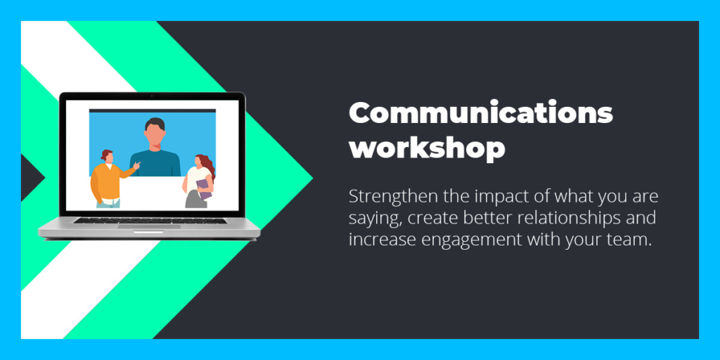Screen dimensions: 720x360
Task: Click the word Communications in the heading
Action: (481, 113)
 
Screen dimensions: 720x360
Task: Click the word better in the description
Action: (487, 218)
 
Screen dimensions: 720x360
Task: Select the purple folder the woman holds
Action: (205, 188)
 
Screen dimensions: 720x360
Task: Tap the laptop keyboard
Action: (150, 220)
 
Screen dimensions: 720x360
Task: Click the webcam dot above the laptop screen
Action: (152, 96)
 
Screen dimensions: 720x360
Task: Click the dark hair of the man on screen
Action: (155, 124)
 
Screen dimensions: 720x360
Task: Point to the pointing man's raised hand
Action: (136, 165)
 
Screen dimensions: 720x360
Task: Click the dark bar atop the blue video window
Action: (153, 110)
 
